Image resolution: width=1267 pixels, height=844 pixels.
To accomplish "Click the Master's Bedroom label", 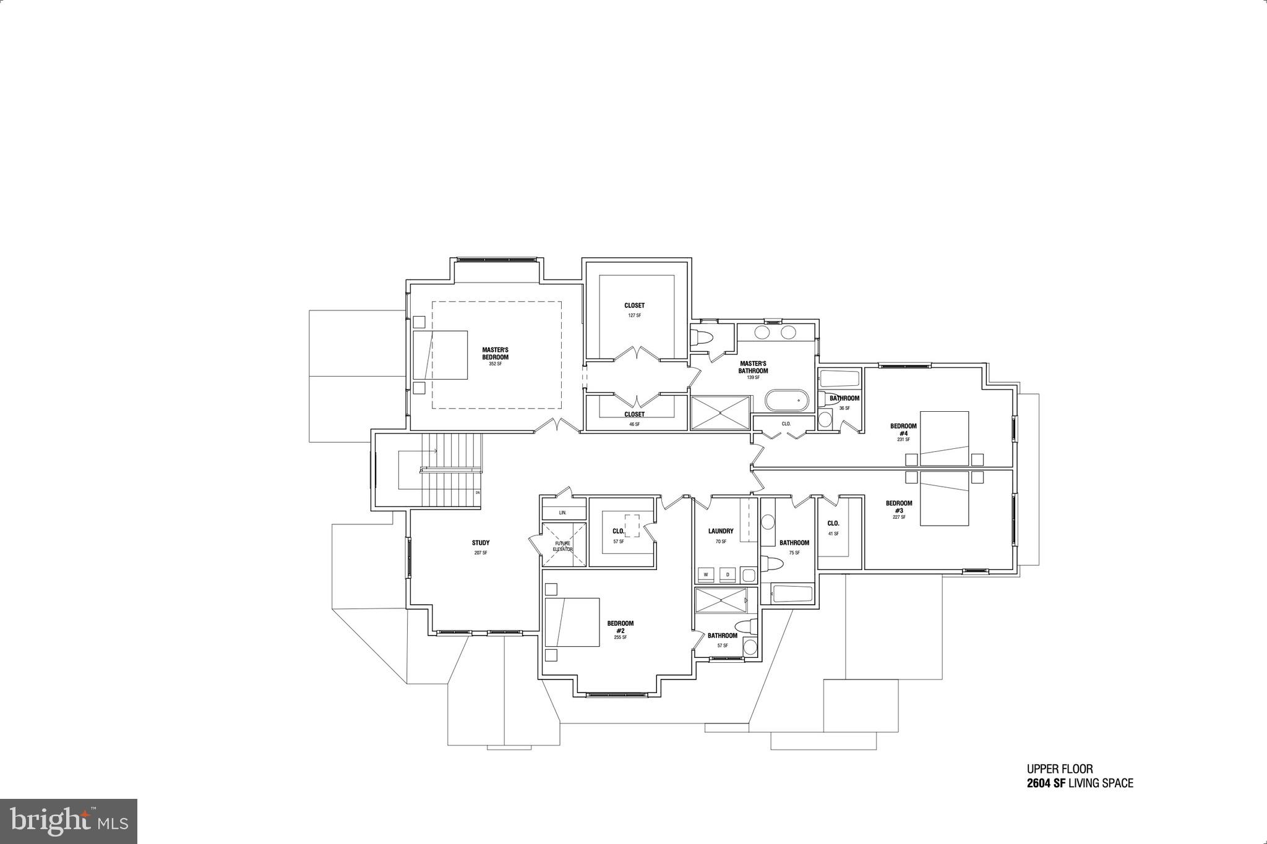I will tap(495, 354).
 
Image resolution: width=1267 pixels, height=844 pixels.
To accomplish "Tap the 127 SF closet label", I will tap(634, 305).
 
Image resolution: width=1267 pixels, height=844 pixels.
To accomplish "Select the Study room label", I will tap(481, 543).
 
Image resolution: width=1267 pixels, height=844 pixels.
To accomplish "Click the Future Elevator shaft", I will tap(563, 545).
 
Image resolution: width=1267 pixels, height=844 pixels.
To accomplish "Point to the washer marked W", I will tap(705, 574).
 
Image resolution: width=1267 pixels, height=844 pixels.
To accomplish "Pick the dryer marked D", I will tap(728, 574).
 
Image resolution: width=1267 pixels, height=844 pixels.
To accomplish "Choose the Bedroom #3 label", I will tap(899, 506).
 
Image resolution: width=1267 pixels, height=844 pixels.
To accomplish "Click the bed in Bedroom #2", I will tap(572, 622).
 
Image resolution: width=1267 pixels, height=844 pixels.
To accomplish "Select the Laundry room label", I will tap(721, 531).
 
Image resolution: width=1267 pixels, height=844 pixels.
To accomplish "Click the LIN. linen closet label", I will tap(563, 513).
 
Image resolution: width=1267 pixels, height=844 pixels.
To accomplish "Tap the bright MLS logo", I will tap(69, 821).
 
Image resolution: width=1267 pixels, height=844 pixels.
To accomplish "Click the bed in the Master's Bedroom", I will tap(440, 355).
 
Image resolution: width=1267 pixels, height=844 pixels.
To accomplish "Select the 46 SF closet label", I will tap(634, 414).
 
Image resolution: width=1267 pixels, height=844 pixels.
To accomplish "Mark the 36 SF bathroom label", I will tap(844, 398).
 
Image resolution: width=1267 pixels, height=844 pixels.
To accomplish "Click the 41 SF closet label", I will tap(833, 524).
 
